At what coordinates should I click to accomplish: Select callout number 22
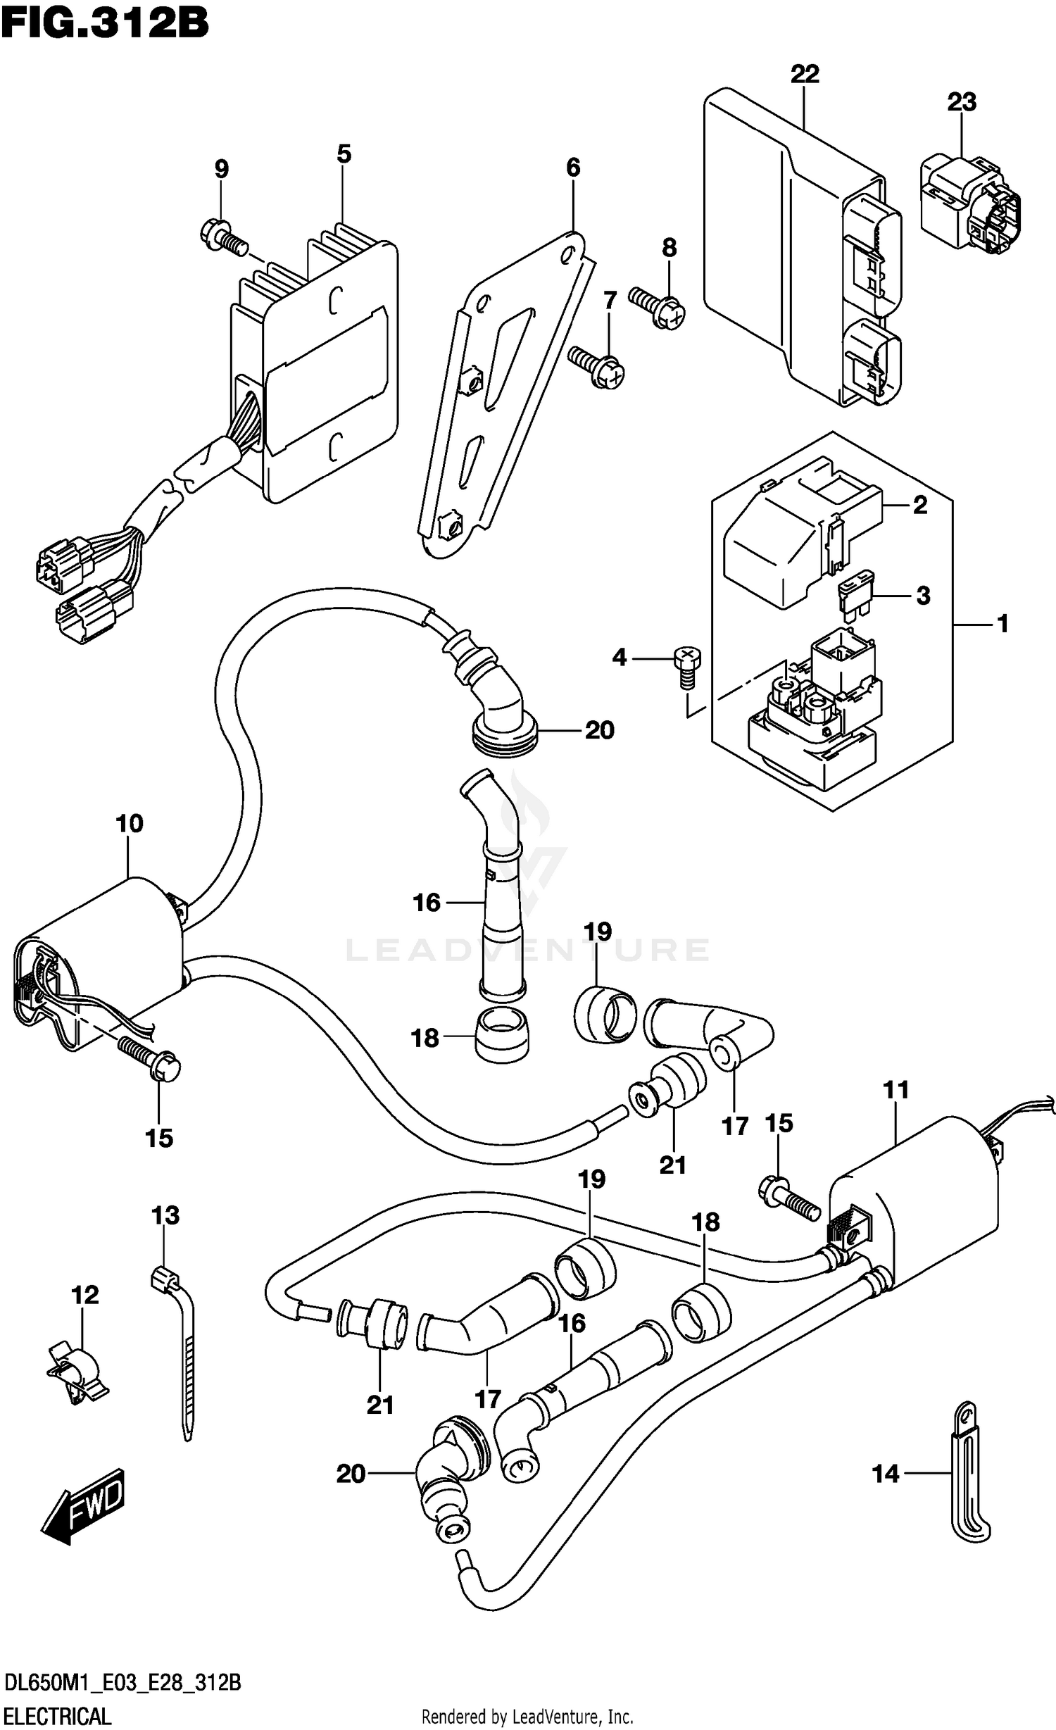tap(805, 74)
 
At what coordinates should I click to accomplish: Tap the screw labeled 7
tap(597, 365)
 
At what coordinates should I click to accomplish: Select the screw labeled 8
tap(657, 307)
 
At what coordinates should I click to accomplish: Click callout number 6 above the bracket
tap(573, 168)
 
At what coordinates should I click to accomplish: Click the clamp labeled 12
tap(75, 1369)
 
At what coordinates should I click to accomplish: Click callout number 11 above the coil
tap(896, 1090)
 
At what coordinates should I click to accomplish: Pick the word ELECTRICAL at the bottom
tap(57, 1715)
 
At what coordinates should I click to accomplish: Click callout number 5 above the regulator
tap(344, 153)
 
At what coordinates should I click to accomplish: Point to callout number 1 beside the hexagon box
tap(1002, 623)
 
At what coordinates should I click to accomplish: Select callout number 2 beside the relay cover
tap(919, 505)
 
